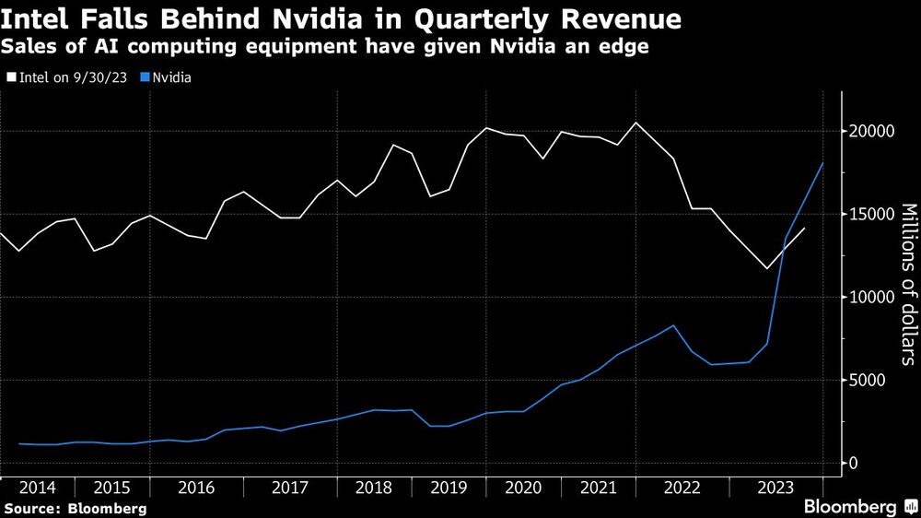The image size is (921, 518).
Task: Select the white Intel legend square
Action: point(10,78)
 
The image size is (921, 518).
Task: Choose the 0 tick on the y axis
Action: point(852,464)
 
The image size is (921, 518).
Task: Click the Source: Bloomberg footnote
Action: point(76,508)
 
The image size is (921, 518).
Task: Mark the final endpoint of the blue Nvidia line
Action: point(822,163)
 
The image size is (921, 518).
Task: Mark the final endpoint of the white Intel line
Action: point(804,228)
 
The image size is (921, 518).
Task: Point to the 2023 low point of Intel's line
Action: point(765,269)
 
